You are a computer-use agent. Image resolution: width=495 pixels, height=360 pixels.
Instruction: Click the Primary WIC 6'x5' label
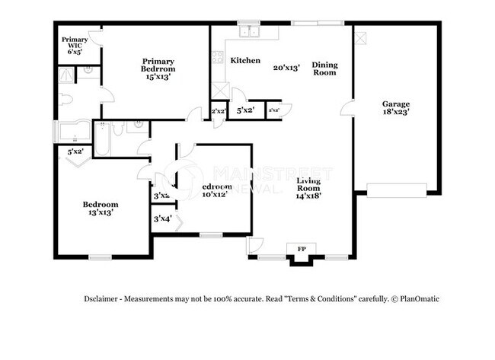75,46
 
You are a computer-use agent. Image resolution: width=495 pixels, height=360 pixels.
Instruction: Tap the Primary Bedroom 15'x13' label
158,68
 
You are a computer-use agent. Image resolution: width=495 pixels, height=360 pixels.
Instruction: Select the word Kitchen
245,60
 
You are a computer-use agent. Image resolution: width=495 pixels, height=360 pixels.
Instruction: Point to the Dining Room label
324,69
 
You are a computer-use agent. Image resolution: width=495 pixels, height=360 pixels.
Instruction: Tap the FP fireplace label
301,249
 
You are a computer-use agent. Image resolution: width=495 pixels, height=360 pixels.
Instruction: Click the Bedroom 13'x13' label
101,209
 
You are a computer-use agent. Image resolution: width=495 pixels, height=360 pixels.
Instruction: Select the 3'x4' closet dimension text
162,219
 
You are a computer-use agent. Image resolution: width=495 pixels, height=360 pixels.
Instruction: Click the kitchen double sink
248,31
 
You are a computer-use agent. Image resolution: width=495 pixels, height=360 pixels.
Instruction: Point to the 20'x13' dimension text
287,67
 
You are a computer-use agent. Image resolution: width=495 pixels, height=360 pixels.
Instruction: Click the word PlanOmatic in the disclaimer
417,299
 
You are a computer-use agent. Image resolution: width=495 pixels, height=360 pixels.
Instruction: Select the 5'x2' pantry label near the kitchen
245,111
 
